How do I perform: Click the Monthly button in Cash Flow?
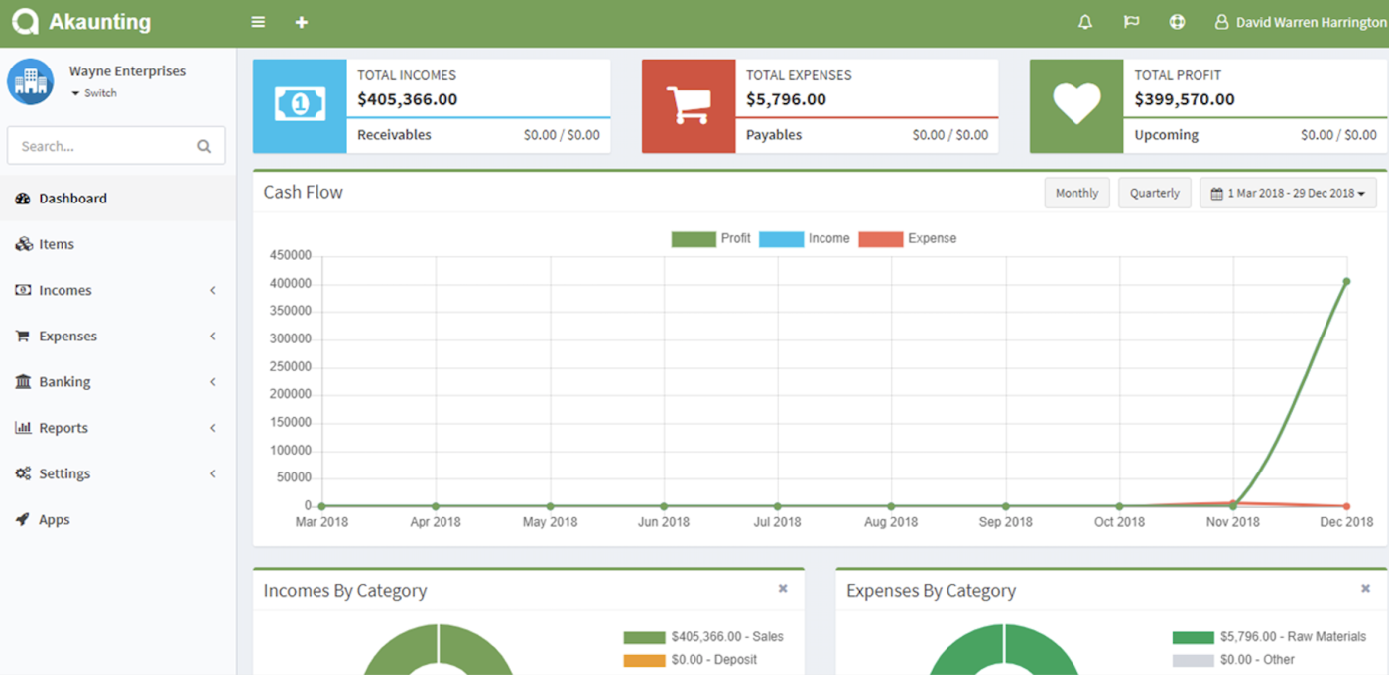(x=1076, y=193)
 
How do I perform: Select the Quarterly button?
(x=1154, y=193)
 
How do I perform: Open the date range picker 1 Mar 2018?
(x=1288, y=193)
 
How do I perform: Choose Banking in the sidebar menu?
(x=64, y=382)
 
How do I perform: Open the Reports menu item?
(x=63, y=428)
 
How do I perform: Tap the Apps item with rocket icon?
(x=54, y=520)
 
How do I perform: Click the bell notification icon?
(x=1085, y=22)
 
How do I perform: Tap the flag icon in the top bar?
(x=1131, y=22)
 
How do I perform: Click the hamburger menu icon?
(x=258, y=22)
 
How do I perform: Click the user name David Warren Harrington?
(x=1310, y=22)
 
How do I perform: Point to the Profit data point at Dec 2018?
(x=1346, y=282)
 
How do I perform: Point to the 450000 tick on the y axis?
(x=291, y=256)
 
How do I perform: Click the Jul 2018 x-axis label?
(x=777, y=522)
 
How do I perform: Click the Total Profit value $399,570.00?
(x=1185, y=99)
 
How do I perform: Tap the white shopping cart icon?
(x=689, y=105)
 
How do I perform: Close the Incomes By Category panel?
(x=783, y=589)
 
